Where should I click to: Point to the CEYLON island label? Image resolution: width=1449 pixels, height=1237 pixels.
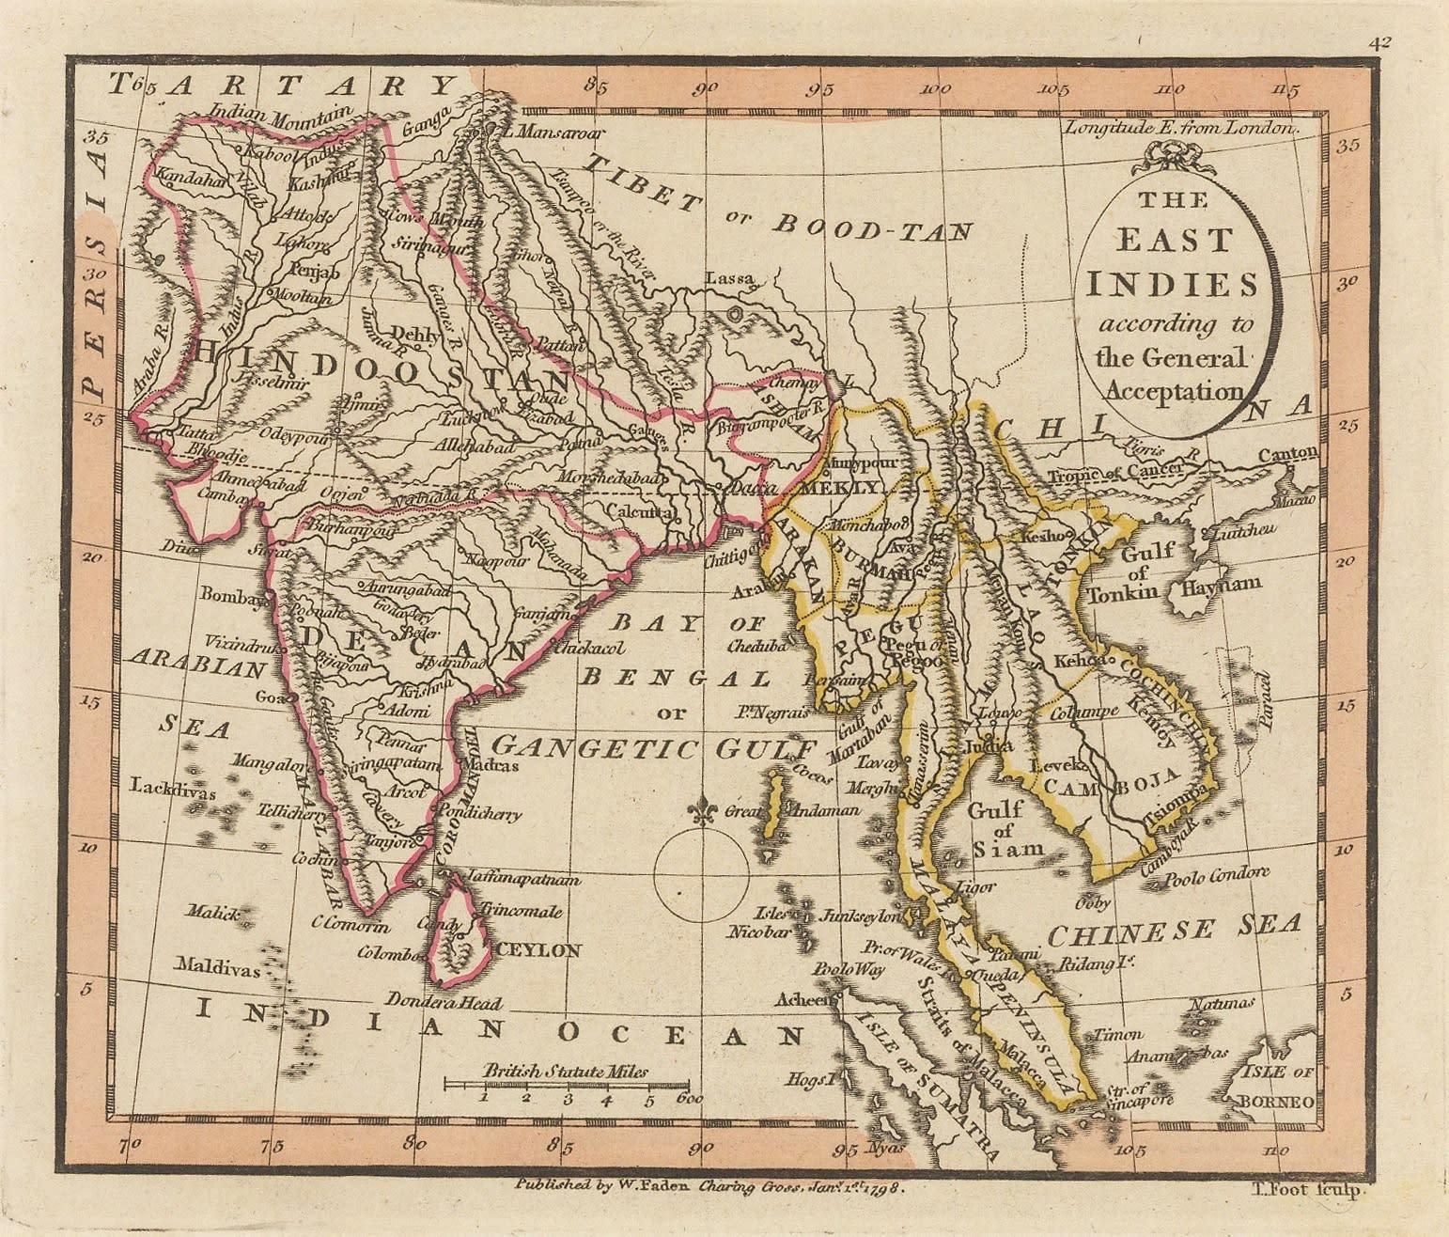click(538, 950)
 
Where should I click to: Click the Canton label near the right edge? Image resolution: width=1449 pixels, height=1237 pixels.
click(1287, 455)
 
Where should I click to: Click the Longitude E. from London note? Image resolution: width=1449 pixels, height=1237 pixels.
click(1179, 127)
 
